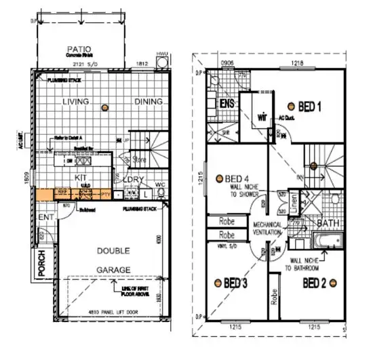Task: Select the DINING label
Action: [x=146, y=102]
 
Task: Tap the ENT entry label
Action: [x=45, y=217]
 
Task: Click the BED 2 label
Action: [x=315, y=282]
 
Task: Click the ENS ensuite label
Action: [x=227, y=104]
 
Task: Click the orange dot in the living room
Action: [x=104, y=108]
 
